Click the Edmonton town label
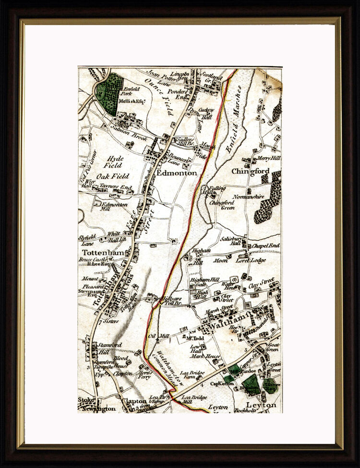click(177, 173)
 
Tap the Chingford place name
click(250, 171)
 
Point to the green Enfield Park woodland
click(108, 94)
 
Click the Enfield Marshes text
click(237, 128)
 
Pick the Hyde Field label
click(115, 162)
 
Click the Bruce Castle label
click(93, 260)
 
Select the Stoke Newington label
click(96, 404)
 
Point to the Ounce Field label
click(164, 98)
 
